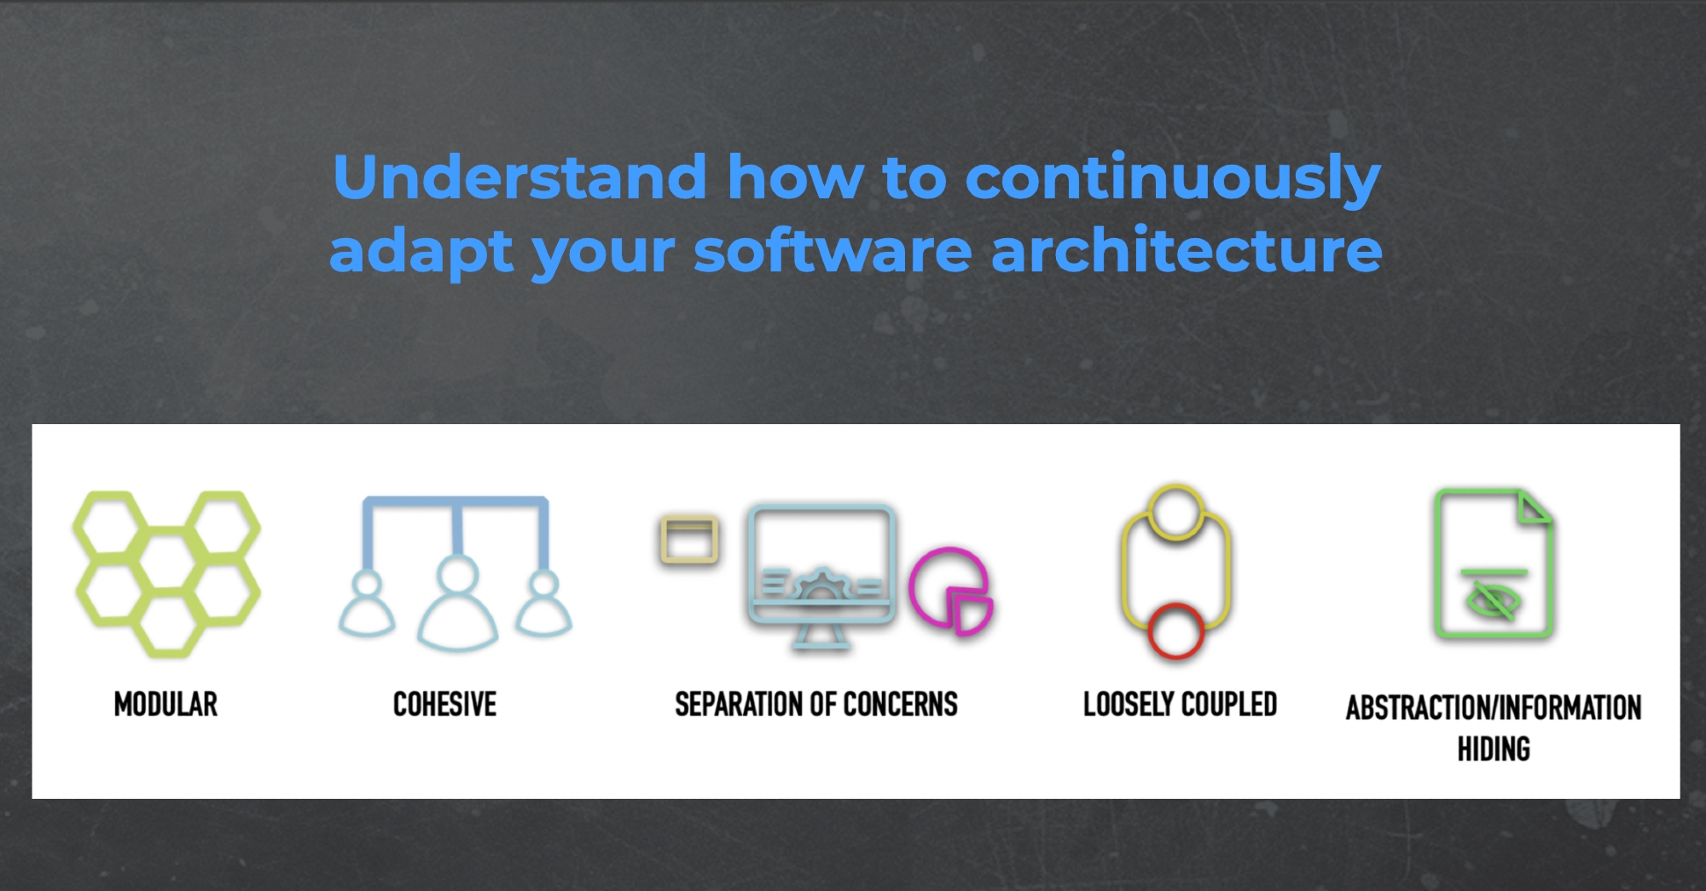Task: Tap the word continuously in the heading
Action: click(1173, 178)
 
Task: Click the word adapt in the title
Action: click(421, 253)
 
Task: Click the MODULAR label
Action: click(165, 704)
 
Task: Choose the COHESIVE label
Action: click(444, 704)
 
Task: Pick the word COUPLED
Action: click(1229, 704)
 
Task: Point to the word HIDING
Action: click(1494, 749)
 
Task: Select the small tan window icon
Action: click(689, 540)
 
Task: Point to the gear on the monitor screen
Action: click(821, 585)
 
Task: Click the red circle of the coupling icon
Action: click(1175, 631)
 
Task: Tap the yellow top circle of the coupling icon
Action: click(1176, 511)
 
